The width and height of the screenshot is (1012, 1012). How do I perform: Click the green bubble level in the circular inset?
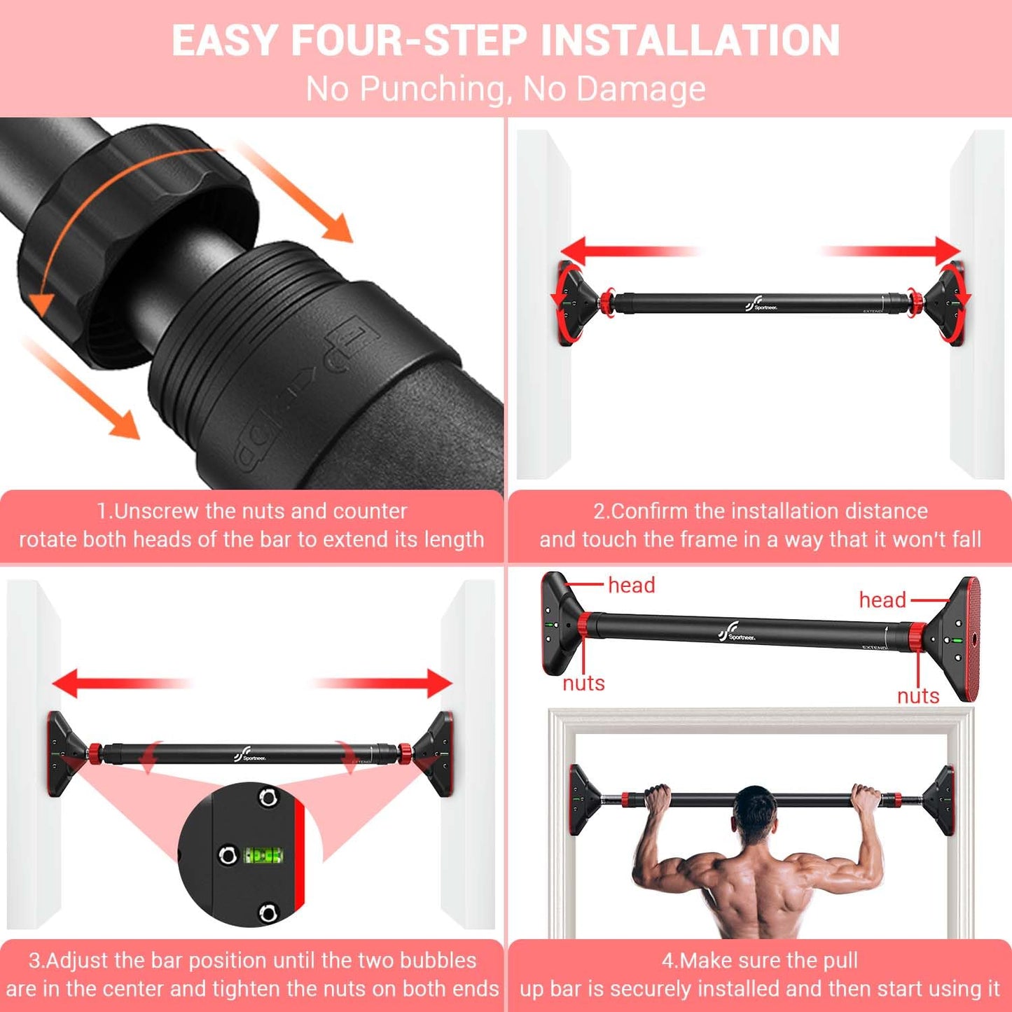263,855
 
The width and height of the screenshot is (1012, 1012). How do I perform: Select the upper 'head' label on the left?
631,585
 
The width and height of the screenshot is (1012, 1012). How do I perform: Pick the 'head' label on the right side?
882,600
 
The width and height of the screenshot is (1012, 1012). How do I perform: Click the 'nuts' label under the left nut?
583,683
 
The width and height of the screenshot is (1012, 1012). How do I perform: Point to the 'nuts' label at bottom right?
918,695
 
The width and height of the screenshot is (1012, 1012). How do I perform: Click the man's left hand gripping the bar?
657,797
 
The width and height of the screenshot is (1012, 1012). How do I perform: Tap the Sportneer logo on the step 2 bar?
761,304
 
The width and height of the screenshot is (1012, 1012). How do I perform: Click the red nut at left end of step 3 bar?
94,754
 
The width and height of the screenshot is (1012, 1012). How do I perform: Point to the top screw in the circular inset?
267,797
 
